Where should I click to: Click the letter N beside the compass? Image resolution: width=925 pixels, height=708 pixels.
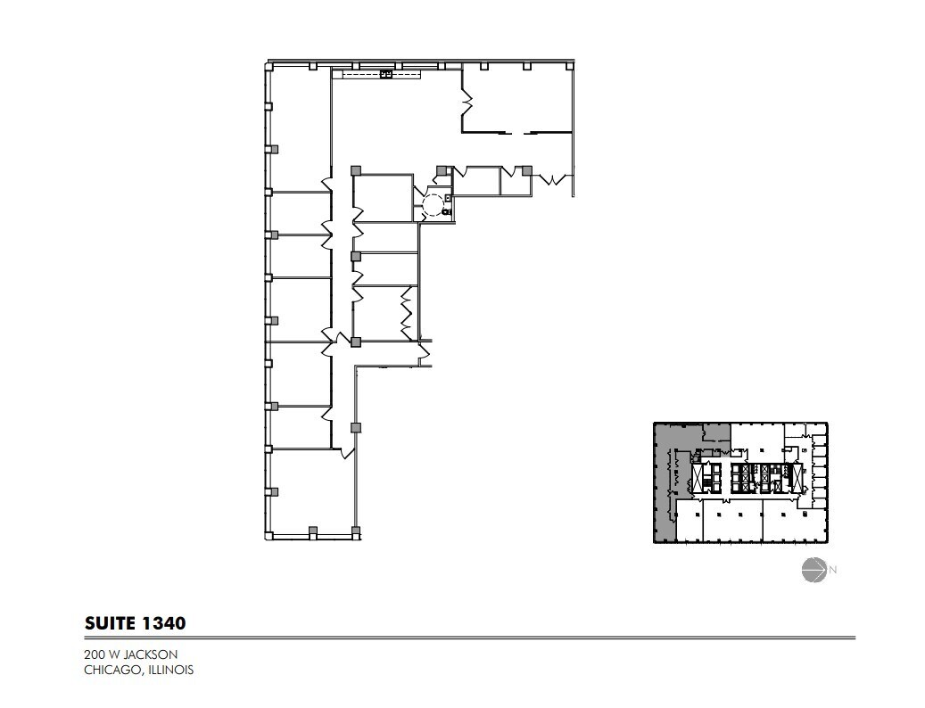[x=833, y=569]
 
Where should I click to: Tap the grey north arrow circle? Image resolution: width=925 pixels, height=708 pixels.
[x=813, y=569]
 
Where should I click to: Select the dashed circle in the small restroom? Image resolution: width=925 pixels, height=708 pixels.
[x=432, y=205]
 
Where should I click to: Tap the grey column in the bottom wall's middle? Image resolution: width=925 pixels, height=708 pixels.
[x=313, y=532]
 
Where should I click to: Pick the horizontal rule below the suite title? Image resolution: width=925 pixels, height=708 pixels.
[x=469, y=638]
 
